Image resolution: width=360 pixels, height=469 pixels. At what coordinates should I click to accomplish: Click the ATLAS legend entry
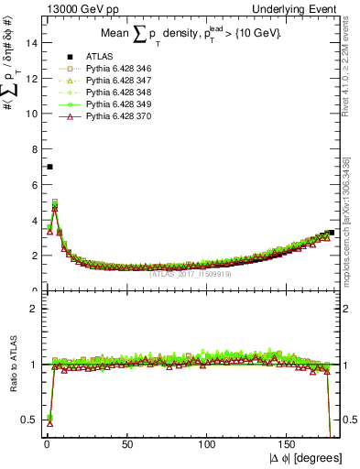98,58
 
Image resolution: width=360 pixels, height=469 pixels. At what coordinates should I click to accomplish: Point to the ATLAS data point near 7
49,167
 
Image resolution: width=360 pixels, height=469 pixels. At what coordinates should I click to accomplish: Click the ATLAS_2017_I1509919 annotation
191,273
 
